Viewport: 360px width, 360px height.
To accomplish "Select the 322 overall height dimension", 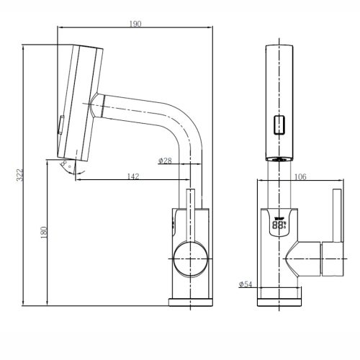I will (22, 174).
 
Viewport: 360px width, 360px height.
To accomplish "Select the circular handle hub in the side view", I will (191, 256).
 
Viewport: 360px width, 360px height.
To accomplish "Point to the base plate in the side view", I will (191, 304).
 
